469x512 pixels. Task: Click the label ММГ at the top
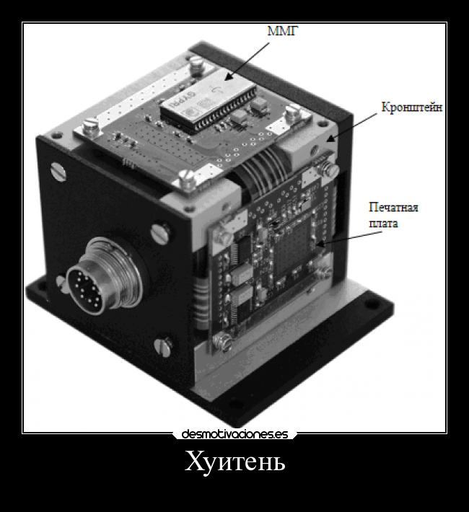[283, 31]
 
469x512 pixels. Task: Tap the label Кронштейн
[412, 107]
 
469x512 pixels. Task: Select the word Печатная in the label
[393, 208]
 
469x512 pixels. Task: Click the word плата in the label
[383, 224]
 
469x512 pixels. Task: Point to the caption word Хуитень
[234, 462]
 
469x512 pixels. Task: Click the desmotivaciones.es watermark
[234, 434]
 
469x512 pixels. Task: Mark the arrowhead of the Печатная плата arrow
[320, 244]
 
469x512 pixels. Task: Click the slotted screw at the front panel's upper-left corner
[58, 172]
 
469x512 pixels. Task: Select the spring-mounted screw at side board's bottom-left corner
[222, 341]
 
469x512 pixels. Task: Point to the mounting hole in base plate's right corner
[371, 304]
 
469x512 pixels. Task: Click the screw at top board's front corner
[188, 180]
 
